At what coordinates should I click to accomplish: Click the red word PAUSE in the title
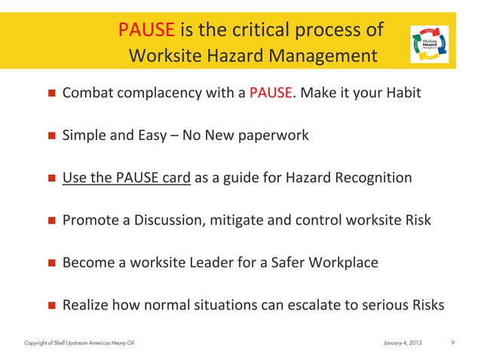pos(147,30)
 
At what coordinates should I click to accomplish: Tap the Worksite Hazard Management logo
pos(427,43)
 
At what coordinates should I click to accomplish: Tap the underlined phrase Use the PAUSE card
pos(127,178)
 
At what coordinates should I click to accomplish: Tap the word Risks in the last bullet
pos(424,305)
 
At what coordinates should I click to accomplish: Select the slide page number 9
pos(452,344)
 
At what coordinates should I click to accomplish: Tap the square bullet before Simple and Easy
pos(52,137)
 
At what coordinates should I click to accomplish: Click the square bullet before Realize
pos(52,306)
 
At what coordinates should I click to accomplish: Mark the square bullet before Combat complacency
pos(52,95)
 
